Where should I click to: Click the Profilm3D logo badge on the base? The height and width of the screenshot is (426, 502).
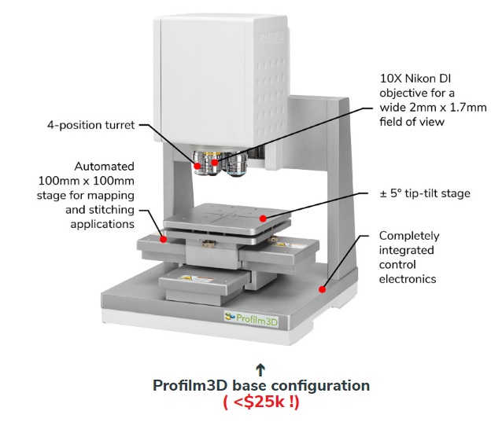pos(251,319)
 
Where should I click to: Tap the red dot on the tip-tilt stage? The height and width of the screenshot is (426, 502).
pos(263,219)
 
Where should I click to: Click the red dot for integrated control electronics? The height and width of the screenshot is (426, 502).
pos(322,289)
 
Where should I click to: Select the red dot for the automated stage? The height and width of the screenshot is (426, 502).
pos(164,239)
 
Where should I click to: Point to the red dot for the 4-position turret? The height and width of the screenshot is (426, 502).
pos(197,166)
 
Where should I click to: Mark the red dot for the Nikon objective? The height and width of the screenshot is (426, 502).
pos(215,163)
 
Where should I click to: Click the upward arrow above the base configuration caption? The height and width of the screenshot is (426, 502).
pos(261,369)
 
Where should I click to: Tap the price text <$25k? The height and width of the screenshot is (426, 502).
pos(261,402)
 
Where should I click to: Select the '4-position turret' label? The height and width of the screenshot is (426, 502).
pos(91,125)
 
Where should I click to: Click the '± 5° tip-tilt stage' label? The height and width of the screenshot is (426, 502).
pos(425,193)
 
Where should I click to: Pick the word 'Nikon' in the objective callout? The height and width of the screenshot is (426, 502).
pos(423,79)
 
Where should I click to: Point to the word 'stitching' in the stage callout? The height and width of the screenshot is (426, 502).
pos(111,210)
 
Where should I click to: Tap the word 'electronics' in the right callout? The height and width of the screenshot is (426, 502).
pos(408,279)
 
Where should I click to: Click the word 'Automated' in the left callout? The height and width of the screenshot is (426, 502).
pos(105,167)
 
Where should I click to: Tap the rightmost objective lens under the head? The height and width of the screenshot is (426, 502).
pos(237,165)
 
